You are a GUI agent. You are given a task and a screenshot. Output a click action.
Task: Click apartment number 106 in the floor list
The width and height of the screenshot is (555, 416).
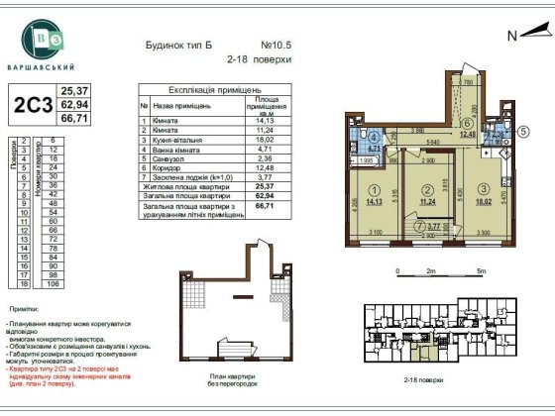tap(54, 283)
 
